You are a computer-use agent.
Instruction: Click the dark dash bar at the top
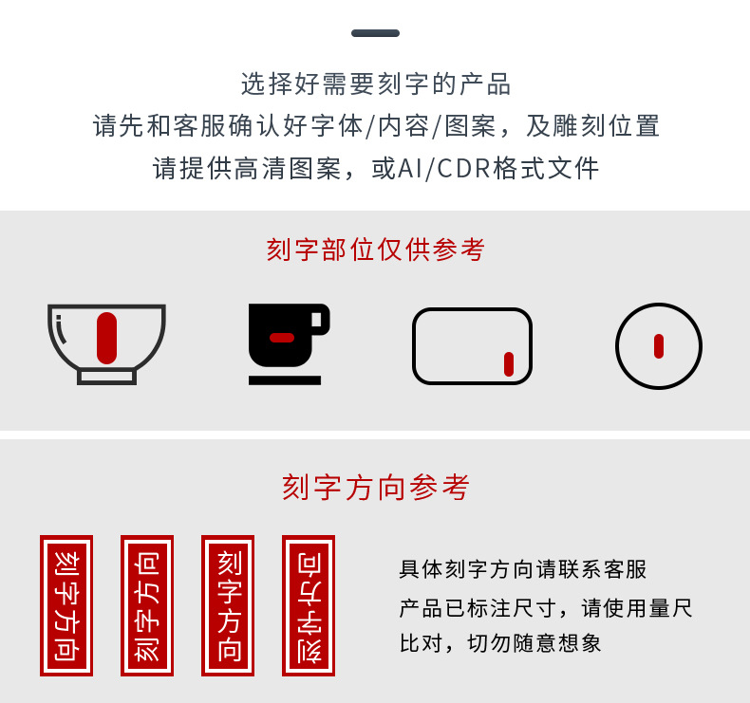(x=375, y=33)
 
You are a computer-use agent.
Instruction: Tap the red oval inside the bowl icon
(x=106, y=339)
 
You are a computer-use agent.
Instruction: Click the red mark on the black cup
(x=282, y=338)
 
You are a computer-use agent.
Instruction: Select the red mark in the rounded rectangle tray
(x=509, y=364)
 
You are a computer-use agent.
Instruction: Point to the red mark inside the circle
(x=659, y=346)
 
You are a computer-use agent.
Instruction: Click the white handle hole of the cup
(x=316, y=319)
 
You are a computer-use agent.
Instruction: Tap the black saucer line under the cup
(x=285, y=380)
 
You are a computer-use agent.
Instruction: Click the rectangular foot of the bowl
(x=106, y=377)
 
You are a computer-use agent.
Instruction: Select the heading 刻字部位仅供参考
(x=376, y=250)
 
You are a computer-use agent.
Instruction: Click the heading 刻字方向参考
(x=376, y=488)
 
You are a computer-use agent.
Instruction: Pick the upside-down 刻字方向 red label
(x=309, y=605)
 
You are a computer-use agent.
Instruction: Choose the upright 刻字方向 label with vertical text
(x=228, y=605)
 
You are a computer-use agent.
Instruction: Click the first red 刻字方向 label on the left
(x=66, y=605)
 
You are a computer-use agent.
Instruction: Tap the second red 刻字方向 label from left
(x=147, y=605)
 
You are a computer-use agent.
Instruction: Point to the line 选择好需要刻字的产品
(x=376, y=84)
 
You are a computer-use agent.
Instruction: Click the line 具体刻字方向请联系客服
(x=523, y=569)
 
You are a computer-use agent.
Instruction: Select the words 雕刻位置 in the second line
(x=592, y=126)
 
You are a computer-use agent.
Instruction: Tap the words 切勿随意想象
(x=534, y=643)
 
